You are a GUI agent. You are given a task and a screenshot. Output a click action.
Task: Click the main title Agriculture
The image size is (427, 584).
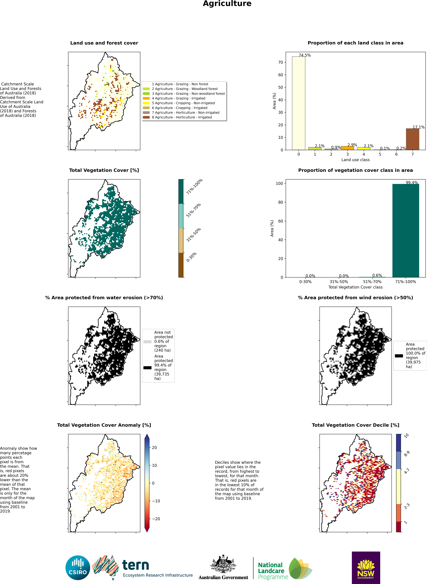pyautogui.click(x=227, y=4)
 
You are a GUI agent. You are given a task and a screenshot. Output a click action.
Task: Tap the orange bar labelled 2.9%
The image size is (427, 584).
pyautogui.click(x=347, y=148)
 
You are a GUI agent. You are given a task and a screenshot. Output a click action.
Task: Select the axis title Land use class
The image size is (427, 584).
pyautogui.click(x=355, y=160)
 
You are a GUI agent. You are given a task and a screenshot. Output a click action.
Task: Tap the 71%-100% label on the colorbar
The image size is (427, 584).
pyautogui.click(x=194, y=186)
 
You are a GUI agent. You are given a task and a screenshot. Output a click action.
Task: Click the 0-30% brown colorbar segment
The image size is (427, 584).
pyautogui.click(x=181, y=265)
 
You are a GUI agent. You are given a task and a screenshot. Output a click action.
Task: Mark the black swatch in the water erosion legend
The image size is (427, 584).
pyautogui.click(x=147, y=368)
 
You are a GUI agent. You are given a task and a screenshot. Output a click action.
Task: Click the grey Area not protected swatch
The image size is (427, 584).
pyautogui.click(x=147, y=342)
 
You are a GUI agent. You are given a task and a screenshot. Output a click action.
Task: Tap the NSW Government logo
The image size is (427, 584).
pyautogui.click(x=366, y=567)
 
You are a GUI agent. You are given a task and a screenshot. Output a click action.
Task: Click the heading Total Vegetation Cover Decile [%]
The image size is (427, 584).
pyautogui.click(x=355, y=425)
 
